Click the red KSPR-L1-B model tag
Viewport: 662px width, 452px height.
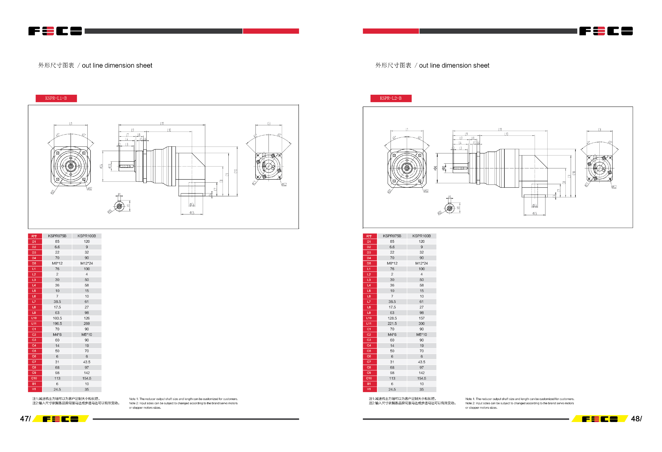point(56,98)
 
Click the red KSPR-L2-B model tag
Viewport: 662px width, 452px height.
point(390,98)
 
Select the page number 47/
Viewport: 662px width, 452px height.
point(25,418)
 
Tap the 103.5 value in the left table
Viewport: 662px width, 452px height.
point(57,318)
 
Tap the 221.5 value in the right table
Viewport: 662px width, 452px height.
point(392,324)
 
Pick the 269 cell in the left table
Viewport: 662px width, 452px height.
point(87,324)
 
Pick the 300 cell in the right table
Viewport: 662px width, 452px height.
point(422,324)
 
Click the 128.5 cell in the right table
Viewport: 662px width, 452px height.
point(392,318)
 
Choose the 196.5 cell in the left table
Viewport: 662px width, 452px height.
point(57,324)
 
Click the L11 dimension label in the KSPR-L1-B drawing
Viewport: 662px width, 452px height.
point(162,123)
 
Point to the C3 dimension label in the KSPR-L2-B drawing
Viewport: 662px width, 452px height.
point(599,130)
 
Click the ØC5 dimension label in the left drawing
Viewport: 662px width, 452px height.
point(192,213)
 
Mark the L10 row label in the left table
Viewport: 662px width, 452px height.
point(34,318)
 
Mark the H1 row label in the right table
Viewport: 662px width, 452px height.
point(369,389)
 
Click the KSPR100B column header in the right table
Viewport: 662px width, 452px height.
point(422,236)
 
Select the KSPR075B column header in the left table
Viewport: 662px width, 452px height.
point(57,236)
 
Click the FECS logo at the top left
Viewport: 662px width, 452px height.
point(55,31)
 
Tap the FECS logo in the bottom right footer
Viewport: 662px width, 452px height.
point(600,419)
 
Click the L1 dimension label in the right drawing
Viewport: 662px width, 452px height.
point(407,130)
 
